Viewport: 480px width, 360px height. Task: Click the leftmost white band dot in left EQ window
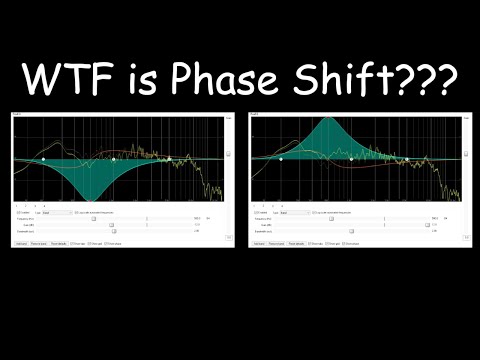(x=43, y=159)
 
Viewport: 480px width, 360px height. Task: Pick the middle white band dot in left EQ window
(x=114, y=159)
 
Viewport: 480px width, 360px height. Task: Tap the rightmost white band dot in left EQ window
(x=169, y=159)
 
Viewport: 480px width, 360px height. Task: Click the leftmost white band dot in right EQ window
(x=283, y=158)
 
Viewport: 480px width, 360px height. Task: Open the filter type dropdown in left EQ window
(x=61, y=212)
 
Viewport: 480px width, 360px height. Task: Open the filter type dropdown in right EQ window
(x=300, y=212)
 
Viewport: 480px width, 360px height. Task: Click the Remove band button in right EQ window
(x=279, y=242)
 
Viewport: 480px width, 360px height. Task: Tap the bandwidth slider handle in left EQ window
(x=113, y=233)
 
